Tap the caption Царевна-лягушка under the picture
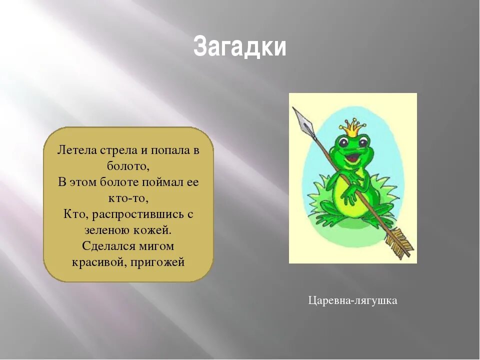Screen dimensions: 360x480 [352, 300]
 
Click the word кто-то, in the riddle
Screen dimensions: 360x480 [128, 198]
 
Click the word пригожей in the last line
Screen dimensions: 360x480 [157, 262]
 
